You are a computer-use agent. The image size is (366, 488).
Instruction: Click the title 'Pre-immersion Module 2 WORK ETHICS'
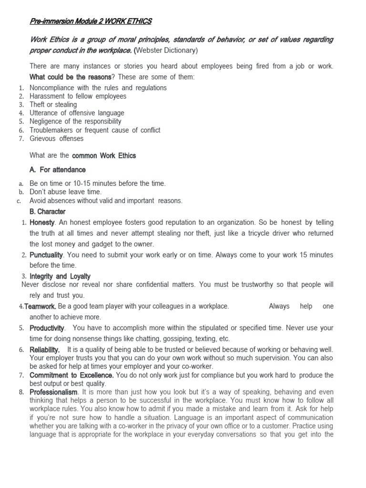(91, 21)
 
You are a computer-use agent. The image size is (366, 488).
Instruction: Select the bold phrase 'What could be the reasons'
(71, 77)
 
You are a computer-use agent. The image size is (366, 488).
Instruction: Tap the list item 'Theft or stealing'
(53, 104)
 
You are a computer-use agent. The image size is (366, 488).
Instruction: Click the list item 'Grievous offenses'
(56, 139)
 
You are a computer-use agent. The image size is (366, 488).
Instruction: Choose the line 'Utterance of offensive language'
(77, 113)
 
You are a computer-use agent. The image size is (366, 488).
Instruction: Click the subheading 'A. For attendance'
(57, 170)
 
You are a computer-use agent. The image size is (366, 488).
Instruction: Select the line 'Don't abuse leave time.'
(65, 192)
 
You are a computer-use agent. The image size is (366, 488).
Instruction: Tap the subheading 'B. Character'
(47, 211)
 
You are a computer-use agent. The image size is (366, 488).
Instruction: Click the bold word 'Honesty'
(42, 223)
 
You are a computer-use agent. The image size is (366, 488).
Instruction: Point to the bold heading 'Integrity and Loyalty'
(60, 276)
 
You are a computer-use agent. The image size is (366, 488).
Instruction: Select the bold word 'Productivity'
(47, 328)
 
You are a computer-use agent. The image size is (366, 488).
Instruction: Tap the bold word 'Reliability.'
(45, 350)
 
